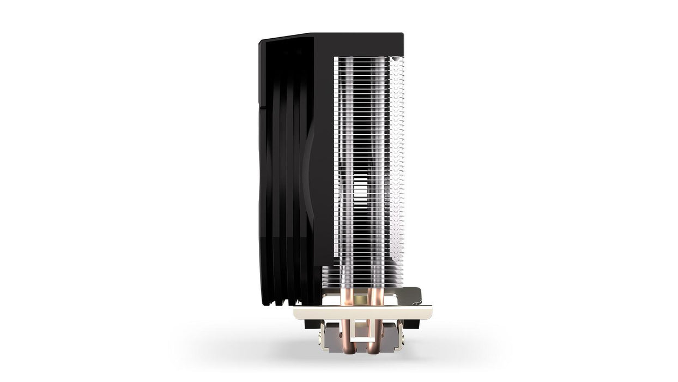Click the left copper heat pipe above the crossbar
[345, 297]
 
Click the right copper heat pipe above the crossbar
[376, 297]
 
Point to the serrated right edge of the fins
[403, 164]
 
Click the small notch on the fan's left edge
[259, 107]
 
